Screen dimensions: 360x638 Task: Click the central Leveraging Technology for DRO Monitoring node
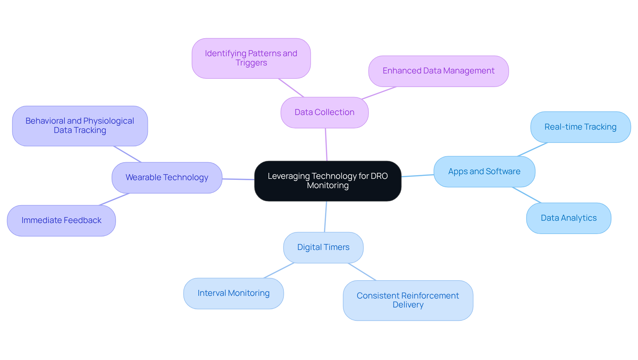point(328,181)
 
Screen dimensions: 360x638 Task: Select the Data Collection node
point(324,112)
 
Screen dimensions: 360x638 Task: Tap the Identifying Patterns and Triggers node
point(251,58)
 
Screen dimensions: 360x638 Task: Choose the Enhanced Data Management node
point(438,71)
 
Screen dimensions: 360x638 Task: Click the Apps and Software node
point(484,172)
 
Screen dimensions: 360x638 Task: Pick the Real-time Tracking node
point(580,127)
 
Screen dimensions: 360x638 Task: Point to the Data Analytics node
point(569,218)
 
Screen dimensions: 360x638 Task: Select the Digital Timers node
point(323,247)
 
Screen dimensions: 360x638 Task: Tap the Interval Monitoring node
point(233,293)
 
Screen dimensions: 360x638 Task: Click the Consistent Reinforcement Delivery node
point(408,300)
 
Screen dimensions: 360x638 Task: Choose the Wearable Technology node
point(167,178)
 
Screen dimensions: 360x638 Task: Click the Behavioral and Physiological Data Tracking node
point(80,126)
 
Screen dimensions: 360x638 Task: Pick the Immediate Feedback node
point(61,220)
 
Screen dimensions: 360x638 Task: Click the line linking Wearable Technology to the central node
point(238,179)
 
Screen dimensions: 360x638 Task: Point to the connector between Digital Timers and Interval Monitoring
point(279,271)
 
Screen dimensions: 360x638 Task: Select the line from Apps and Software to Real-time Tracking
point(532,149)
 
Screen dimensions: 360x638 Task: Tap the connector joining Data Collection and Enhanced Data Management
point(379,93)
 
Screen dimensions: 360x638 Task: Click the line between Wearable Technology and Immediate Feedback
point(114,199)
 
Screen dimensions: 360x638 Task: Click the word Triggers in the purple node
point(251,63)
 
